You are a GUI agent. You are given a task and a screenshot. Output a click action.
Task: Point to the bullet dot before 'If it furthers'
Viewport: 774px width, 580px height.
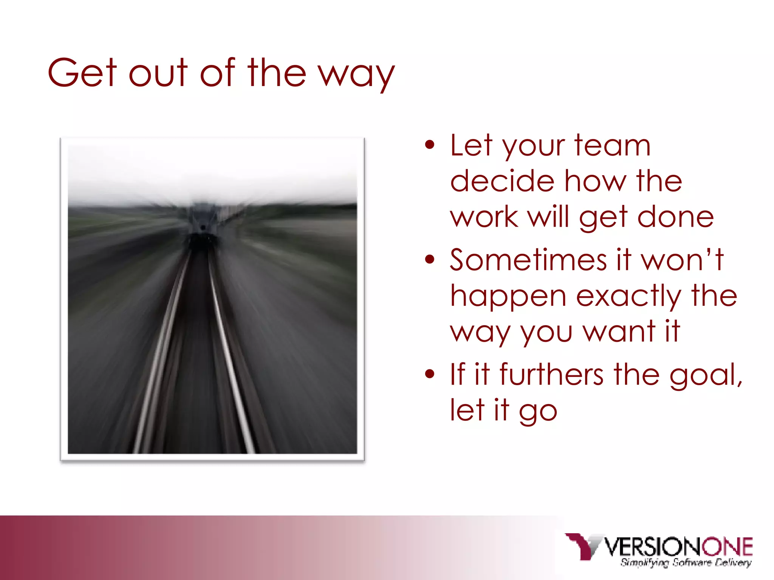tap(430, 374)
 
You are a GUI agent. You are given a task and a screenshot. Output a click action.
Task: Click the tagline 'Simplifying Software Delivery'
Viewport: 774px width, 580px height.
tap(686, 563)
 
